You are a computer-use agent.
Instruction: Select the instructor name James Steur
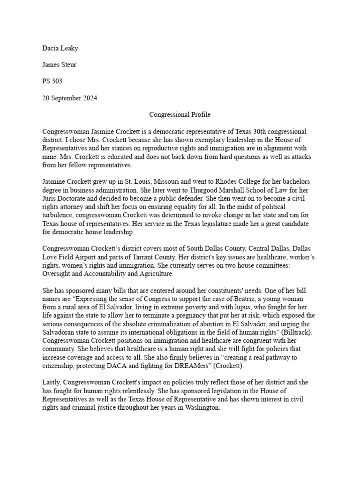pos(59,65)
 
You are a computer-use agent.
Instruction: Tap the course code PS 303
pos(52,81)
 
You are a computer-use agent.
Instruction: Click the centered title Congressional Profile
pos(180,114)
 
